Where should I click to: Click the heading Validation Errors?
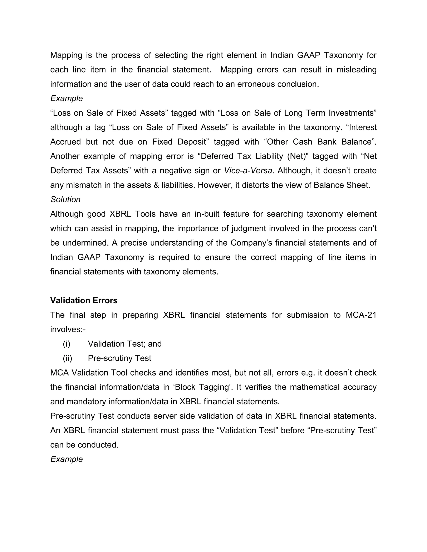(84, 301)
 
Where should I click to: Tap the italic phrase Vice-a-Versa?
(248, 171)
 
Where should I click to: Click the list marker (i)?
(67, 344)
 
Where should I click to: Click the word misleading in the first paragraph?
(356, 70)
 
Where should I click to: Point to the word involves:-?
(68, 329)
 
